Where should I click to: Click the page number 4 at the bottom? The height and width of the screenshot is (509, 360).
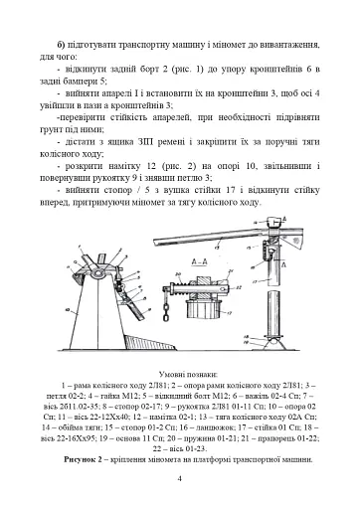click(179, 477)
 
